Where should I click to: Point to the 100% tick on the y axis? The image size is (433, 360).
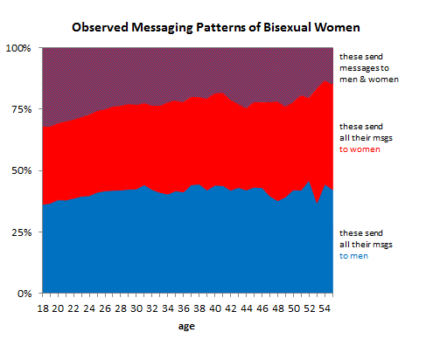[22, 47]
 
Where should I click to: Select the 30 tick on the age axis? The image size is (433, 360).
[138, 308]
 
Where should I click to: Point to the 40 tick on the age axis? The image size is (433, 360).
[216, 308]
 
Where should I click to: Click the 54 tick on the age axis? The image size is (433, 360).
[325, 308]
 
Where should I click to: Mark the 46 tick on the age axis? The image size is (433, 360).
[262, 308]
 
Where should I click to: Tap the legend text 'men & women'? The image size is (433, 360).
[368, 80]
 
